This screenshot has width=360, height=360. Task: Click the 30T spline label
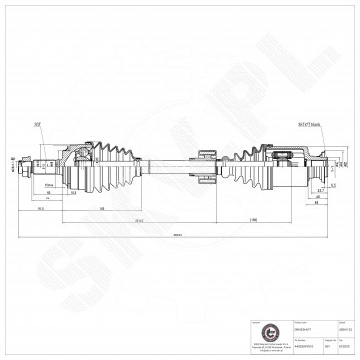point(64,125)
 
